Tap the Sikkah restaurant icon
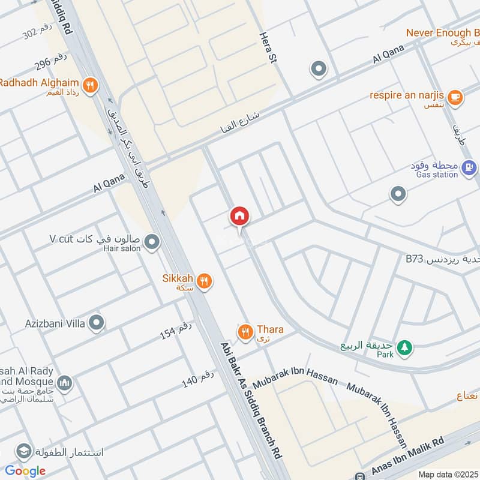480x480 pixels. point(205,281)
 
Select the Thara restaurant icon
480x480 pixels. point(245,331)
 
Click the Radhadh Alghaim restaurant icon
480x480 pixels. point(90,85)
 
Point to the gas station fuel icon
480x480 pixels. point(470,167)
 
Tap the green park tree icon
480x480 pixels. point(406,347)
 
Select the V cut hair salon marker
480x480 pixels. point(152,242)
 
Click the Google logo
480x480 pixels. point(25,470)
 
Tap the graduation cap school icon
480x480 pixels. point(24,451)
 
